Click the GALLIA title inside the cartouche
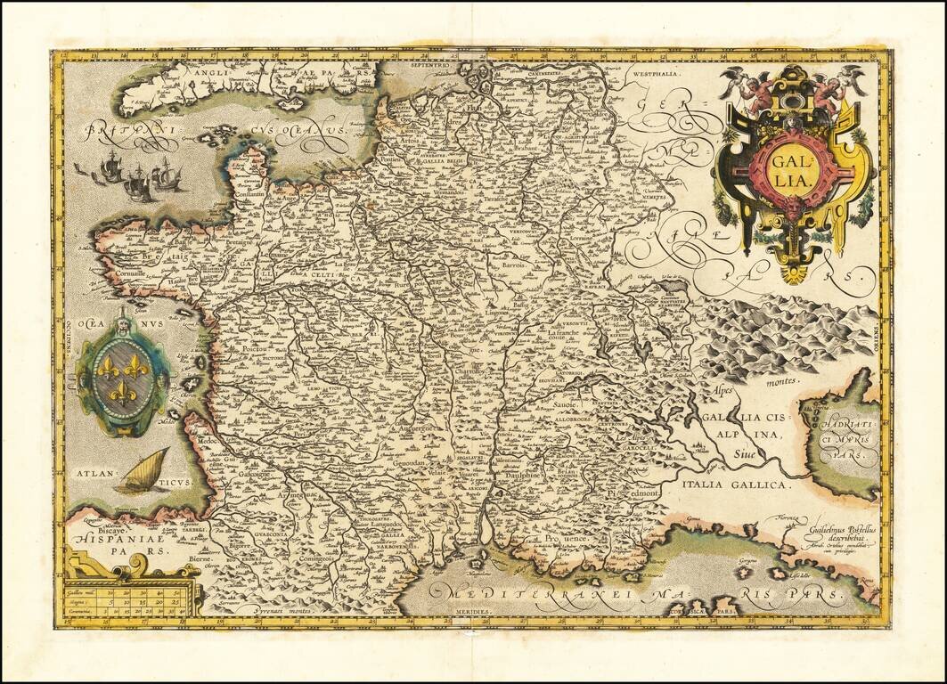(x=792, y=170)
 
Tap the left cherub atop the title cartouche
(x=751, y=88)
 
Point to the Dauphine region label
(x=521, y=476)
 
